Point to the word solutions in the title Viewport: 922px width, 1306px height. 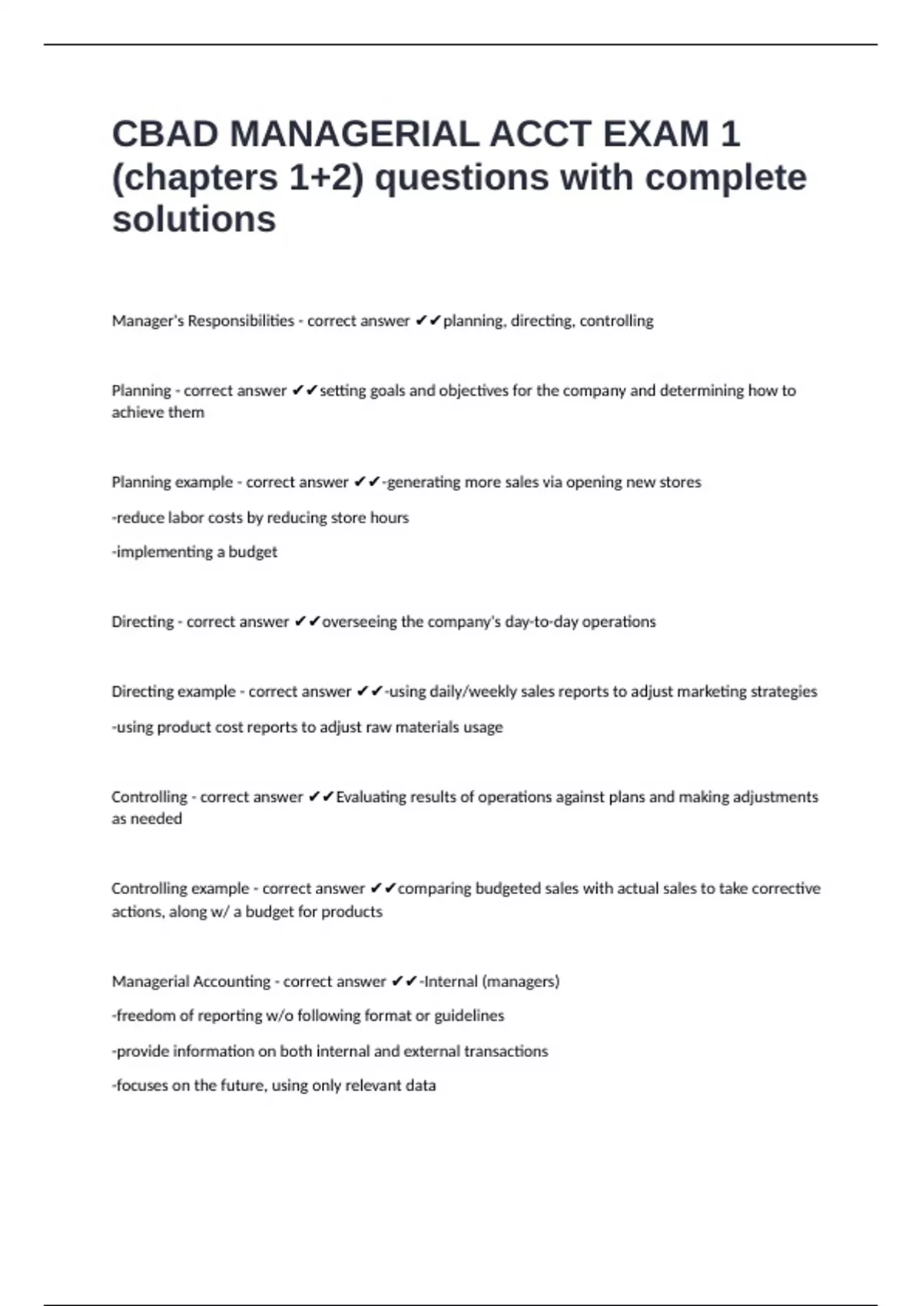point(194,220)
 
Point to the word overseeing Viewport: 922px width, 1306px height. point(359,622)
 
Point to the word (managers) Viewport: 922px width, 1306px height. point(521,982)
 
